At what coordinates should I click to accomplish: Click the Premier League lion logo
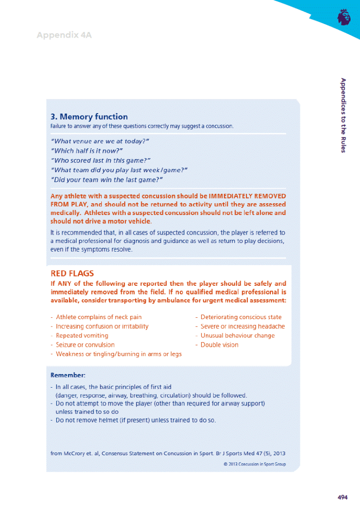point(344,17)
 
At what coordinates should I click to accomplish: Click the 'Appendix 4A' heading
point(64,35)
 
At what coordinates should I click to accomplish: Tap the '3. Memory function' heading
point(89,117)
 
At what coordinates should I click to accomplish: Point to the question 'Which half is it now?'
point(86,151)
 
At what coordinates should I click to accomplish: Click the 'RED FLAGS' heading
point(72,273)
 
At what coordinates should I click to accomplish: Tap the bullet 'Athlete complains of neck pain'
point(99,317)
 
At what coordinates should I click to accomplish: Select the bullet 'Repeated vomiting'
point(82,336)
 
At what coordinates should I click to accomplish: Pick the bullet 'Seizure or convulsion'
point(85,344)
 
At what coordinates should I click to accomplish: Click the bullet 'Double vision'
point(219,344)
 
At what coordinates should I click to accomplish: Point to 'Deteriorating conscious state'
point(241,317)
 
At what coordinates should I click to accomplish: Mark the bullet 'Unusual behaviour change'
point(237,336)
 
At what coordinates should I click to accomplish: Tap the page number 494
point(342,497)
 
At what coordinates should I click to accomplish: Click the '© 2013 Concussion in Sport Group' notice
point(254,464)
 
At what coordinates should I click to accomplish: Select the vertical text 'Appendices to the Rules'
point(344,115)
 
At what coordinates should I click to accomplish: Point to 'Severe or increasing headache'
point(242,326)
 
